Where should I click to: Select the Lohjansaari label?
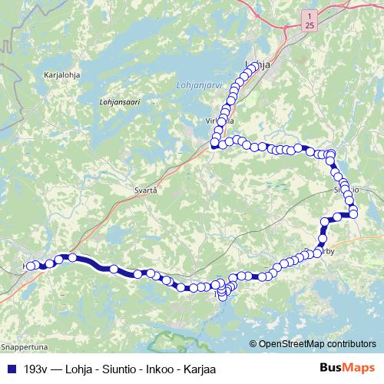pyautogui.click(x=118, y=101)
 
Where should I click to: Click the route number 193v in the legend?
pyautogui.click(x=38, y=368)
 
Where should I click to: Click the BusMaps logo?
pyautogui.click(x=346, y=367)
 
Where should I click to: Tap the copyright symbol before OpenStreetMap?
pyautogui.click(x=253, y=344)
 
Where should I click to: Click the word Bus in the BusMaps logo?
pyautogui.click(x=331, y=367)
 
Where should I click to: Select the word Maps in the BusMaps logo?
pyautogui.click(x=359, y=367)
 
